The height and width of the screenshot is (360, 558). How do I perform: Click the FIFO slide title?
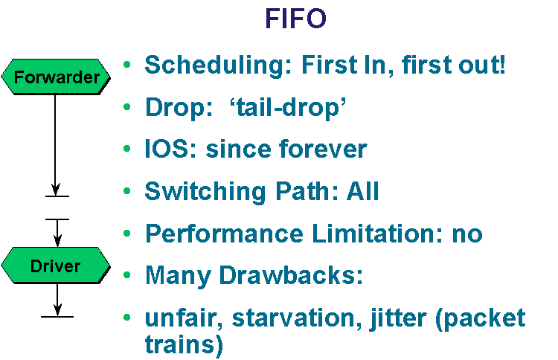click(x=295, y=19)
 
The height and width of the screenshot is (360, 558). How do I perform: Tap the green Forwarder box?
click(x=56, y=77)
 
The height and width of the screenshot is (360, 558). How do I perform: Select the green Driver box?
click(x=56, y=266)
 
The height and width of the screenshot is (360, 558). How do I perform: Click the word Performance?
click(x=224, y=234)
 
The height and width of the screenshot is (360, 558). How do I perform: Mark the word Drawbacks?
click(x=291, y=275)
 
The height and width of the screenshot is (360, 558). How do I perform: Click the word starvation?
click(x=297, y=318)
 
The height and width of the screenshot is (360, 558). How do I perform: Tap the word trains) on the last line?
click(x=184, y=344)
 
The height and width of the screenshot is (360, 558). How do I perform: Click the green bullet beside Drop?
click(x=127, y=106)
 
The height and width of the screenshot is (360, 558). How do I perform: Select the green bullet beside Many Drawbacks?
click(x=127, y=275)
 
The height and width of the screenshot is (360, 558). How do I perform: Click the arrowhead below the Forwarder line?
click(x=56, y=189)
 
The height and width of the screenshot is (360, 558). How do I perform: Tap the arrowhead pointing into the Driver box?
click(x=57, y=240)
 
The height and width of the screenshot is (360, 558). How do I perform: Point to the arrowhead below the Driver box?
click(x=57, y=310)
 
